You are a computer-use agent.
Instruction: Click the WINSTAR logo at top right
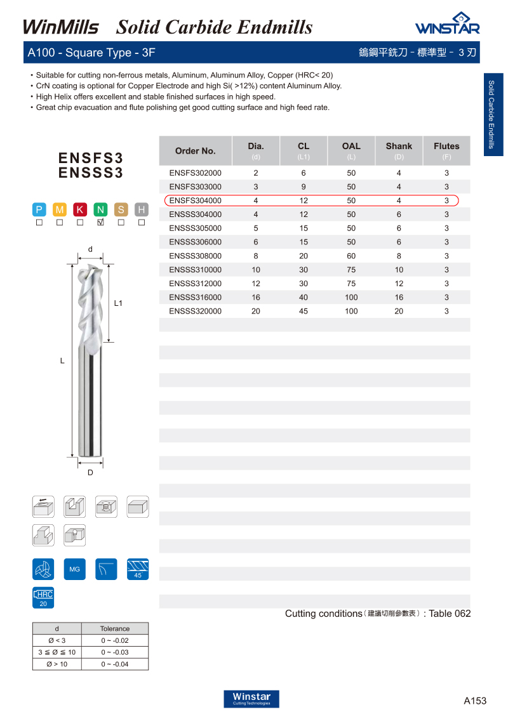point(448,23)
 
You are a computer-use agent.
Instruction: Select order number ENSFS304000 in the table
point(195,201)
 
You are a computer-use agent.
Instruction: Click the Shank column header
point(399,147)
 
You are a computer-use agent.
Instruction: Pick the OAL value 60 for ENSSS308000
point(351,256)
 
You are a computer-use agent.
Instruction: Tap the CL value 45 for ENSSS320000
point(304,311)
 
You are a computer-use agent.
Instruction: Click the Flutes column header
point(446,147)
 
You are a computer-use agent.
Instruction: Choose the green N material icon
point(100,209)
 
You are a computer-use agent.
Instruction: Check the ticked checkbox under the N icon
point(100,222)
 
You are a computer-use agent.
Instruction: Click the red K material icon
point(80,209)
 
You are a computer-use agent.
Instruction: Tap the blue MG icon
point(75,569)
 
